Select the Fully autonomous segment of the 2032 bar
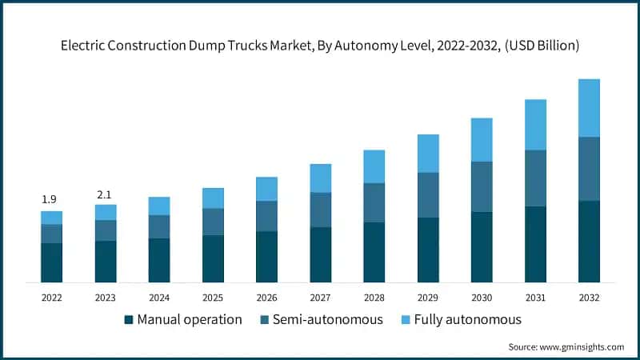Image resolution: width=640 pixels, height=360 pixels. pyautogui.click(x=590, y=108)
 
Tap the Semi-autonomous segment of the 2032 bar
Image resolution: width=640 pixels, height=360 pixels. pyautogui.click(x=590, y=169)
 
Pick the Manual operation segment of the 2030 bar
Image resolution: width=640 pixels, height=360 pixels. pyautogui.click(x=482, y=246)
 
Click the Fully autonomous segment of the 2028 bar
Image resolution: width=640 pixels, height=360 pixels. pyautogui.click(x=374, y=166)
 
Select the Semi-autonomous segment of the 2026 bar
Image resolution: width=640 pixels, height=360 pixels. pyautogui.click(x=266, y=216)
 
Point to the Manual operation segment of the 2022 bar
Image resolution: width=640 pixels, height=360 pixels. pyautogui.click(x=51, y=262)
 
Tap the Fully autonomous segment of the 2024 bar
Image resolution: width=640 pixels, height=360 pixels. pyautogui.click(x=159, y=206)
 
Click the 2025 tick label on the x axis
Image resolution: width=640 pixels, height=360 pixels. pyautogui.click(x=213, y=297)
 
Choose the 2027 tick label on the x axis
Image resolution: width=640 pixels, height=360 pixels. pyautogui.click(x=320, y=297)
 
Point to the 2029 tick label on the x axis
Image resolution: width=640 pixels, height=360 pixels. pyautogui.click(x=428, y=297)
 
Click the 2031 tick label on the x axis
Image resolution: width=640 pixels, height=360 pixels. pyautogui.click(x=535, y=297)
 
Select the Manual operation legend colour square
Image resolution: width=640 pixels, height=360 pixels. pyautogui.click(x=129, y=320)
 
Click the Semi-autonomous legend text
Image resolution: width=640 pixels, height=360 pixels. pyautogui.click(x=328, y=320)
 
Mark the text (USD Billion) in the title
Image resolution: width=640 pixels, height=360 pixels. pyautogui.click(x=540, y=46)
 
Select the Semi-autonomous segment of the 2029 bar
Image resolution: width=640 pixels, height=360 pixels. pyautogui.click(x=428, y=194)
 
